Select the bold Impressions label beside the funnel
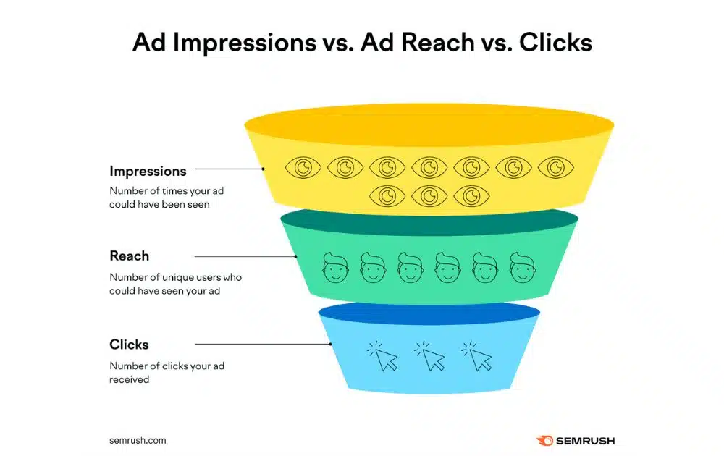(148, 172)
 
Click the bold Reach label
(129, 256)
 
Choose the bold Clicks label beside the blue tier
(129, 345)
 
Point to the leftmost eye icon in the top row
(303, 168)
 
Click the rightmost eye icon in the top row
(555, 168)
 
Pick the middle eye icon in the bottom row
(429, 195)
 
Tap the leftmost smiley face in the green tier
(334, 268)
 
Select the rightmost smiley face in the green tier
(523, 268)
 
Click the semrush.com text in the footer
(138, 439)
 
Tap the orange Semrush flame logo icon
(544, 440)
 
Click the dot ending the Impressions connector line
(264, 169)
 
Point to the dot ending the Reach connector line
(296, 256)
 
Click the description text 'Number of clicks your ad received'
(167, 372)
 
